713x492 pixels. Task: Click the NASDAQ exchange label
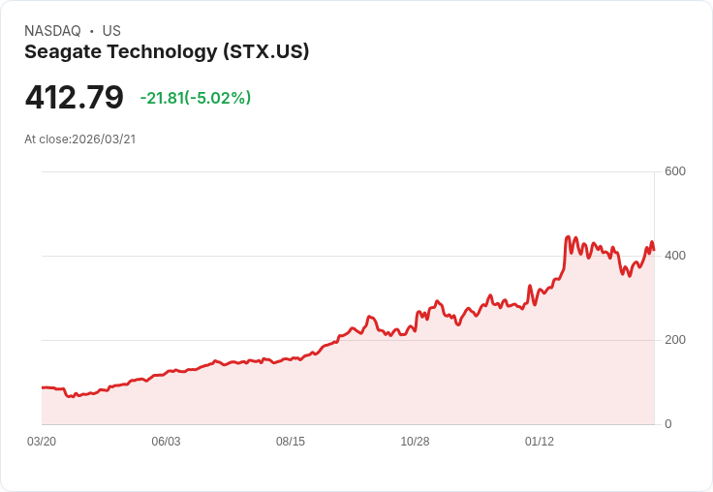(x=52, y=31)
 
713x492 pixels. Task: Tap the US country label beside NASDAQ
(x=111, y=31)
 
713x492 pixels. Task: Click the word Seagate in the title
(x=62, y=52)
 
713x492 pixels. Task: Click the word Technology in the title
(x=160, y=52)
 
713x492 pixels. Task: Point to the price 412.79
(x=75, y=98)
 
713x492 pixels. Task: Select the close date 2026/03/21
(x=104, y=139)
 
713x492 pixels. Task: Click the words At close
(x=46, y=139)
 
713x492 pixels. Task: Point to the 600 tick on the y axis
(x=674, y=171)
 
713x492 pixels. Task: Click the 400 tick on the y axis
(x=674, y=256)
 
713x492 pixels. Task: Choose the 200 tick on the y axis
(x=674, y=340)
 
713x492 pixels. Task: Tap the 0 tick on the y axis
(x=668, y=424)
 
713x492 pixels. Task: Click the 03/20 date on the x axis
(x=42, y=442)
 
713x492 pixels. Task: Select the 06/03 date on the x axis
(x=166, y=442)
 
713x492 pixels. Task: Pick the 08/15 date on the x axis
(x=291, y=442)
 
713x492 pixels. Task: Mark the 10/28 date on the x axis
(x=415, y=442)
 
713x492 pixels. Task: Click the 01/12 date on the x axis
(x=540, y=442)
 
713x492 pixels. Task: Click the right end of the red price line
(x=654, y=250)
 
